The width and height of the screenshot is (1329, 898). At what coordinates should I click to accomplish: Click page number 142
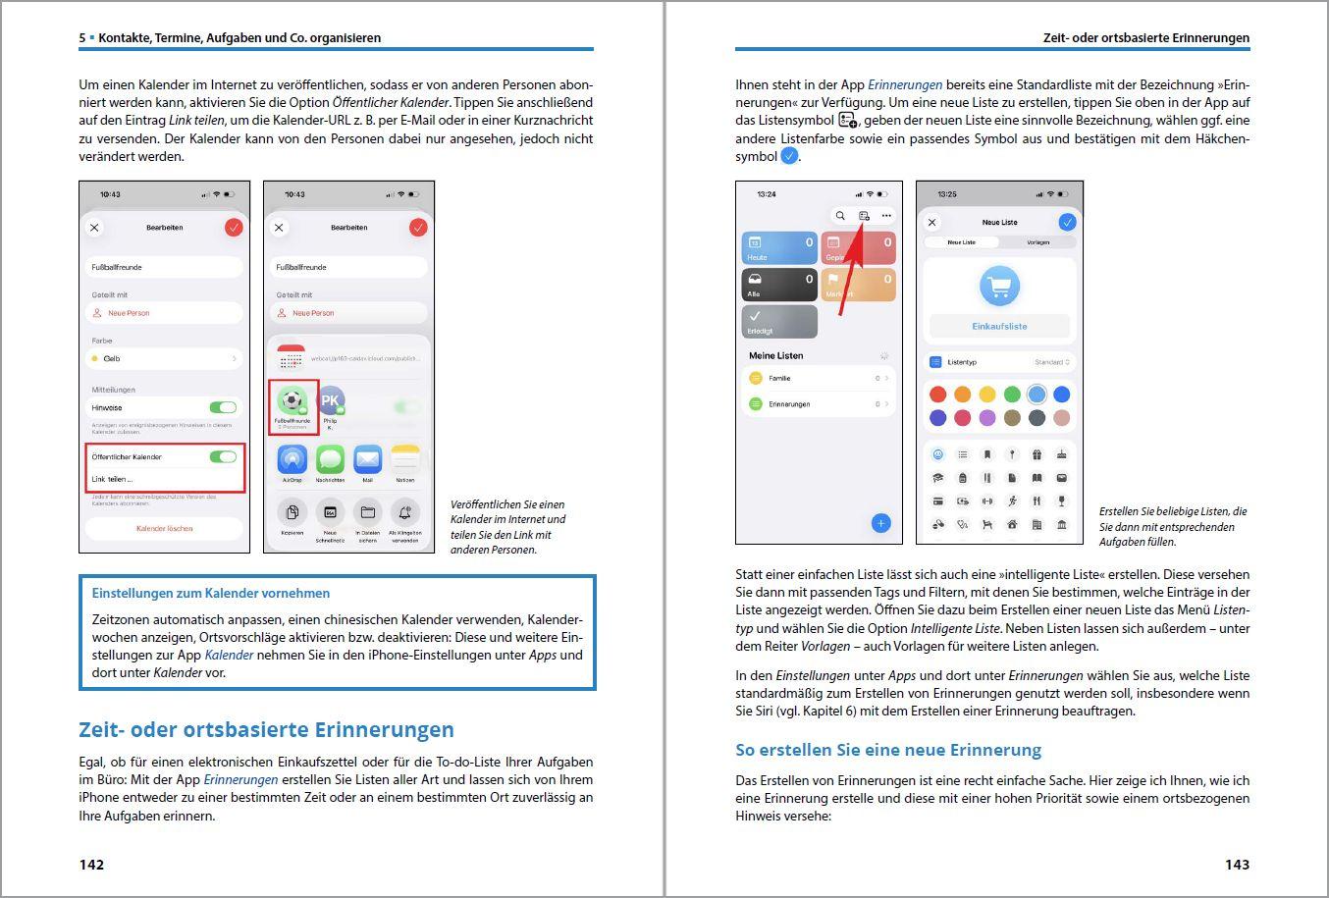pyautogui.click(x=91, y=865)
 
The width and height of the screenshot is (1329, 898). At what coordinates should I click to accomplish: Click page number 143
pyautogui.click(x=1237, y=865)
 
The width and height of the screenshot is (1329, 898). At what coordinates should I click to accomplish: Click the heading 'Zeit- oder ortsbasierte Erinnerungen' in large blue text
pyautogui.click(x=266, y=730)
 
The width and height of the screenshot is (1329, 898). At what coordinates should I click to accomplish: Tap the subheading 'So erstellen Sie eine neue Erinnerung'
pyautogui.click(x=887, y=750)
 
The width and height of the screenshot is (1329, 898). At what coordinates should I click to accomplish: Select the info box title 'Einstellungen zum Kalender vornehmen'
pyautogui.click(x=210, y=593)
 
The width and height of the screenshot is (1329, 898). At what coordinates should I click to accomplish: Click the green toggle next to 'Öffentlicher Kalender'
pyautogui.click(x=223, y=456)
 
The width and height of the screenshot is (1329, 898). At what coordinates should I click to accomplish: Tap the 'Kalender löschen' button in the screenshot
pyautogui.click(x=164, y=528)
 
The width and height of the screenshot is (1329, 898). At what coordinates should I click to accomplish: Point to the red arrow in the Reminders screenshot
pyautogui.click(x=851, y=269)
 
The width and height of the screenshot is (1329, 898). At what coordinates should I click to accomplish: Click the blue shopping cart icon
pyautogui.click(x=999, y=287)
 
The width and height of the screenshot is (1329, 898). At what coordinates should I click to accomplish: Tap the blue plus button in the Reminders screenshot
pyautogui.click(x=880, y=523)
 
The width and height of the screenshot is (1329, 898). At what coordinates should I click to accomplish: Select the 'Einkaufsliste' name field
pyautogui.click(x=999, y=326)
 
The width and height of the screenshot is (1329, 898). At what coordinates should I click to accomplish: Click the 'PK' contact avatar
pyautogui.click(x=331, y=400)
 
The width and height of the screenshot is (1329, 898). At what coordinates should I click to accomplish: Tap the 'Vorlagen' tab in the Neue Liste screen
pyautogui.click(x=1037, y=242)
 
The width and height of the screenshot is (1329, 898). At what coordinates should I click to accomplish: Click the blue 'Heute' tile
pyautogui.click(x=779, y=248)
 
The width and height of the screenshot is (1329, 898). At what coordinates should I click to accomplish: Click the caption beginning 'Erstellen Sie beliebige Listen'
pyautogui.click(x=1172, y=526)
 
